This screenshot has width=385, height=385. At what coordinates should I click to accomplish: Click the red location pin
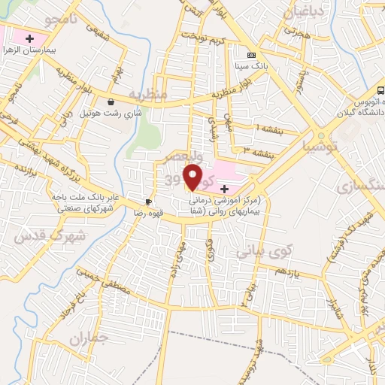click(x=193, y=177)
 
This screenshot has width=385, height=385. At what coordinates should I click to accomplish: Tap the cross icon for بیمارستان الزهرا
click(x=30, y=38)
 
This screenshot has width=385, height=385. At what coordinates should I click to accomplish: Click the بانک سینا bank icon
click(x=250, y=54)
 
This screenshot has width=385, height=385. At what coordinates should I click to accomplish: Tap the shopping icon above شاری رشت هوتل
click(x=111, y=102)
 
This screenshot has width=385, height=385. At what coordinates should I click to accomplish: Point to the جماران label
click(x=89, y=341)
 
